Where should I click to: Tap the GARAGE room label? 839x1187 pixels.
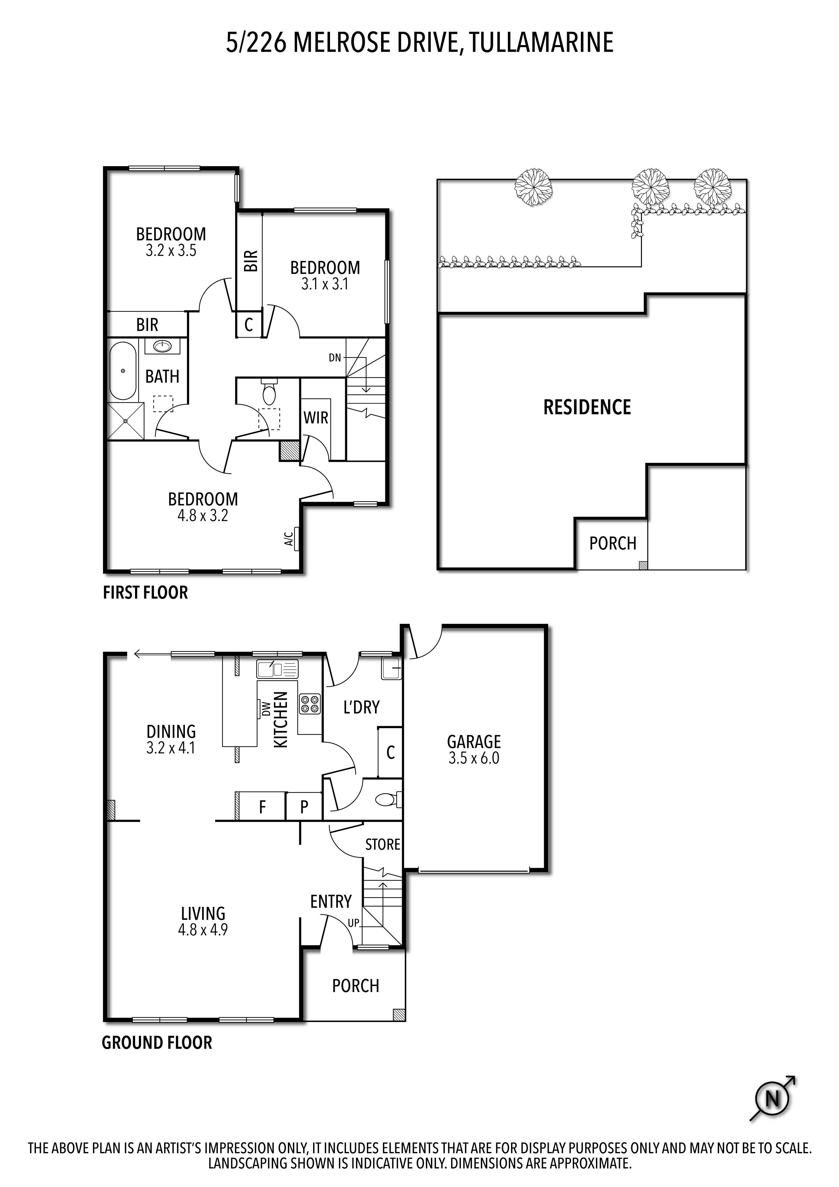(x=474, y=742)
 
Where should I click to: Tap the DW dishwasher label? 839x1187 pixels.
(x=266, y=708)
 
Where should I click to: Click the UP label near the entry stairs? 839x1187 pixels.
(x=353, y=922)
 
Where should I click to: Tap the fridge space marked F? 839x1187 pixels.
(x=262, y=807)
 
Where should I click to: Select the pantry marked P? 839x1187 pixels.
(x=304, y=807)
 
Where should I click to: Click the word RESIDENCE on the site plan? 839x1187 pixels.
(x=587, y=407)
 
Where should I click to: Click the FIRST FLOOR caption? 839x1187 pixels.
(x=145, y=593)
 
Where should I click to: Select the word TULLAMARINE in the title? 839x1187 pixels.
(x=541, y=42)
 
